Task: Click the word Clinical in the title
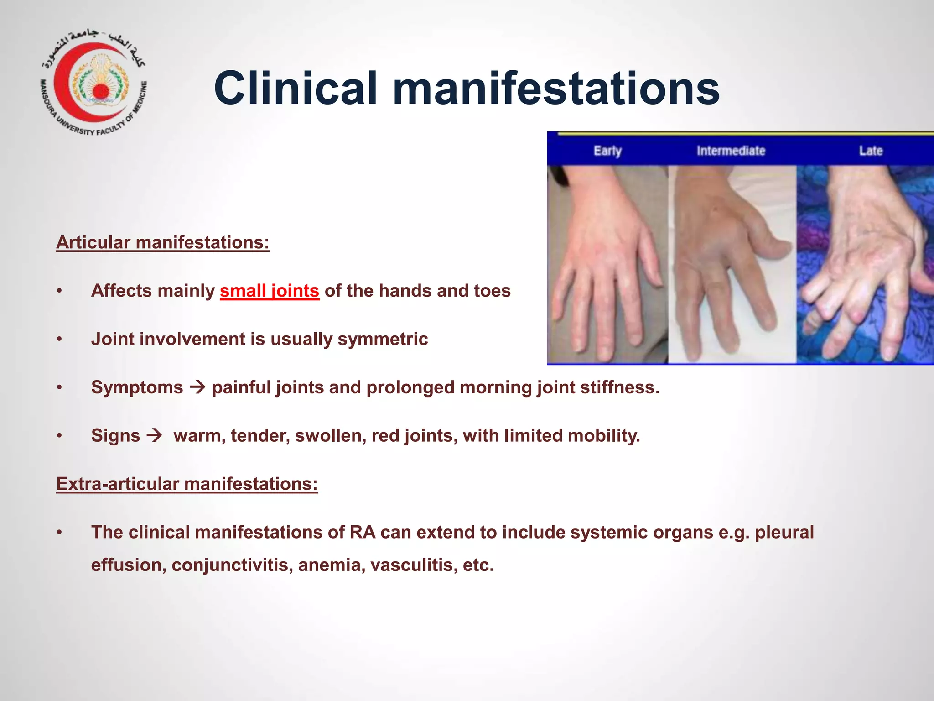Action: click(296, 88)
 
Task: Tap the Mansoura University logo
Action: click(93, 84)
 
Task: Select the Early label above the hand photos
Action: click(607, 151)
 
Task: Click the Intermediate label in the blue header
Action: click(731, 151)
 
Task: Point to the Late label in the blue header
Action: click(871, 151)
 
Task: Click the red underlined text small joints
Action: click(269, 291)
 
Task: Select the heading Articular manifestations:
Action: click(163, 242)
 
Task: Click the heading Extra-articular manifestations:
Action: click(187, 484)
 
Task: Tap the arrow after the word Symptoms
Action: click(197, 387)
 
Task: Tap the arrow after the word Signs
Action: click(155, 435)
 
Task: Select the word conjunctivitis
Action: click(232, 565)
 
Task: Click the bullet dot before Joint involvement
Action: click(59, 340)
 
